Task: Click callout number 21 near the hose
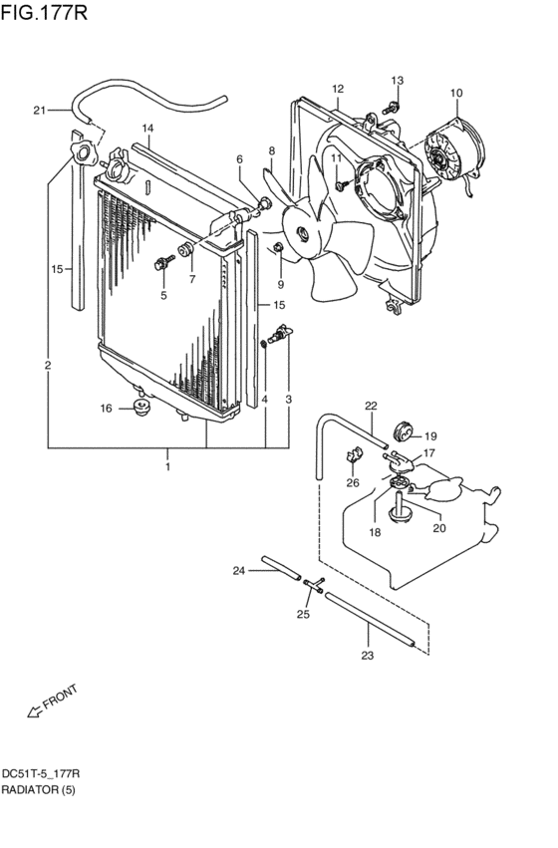tap(39, 110)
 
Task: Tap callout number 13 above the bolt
tap(398, 81)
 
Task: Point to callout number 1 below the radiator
tap(168, 466)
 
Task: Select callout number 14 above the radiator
tap(146, 129)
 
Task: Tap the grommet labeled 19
tap(404, 432)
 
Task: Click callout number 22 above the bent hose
tap(371, 406)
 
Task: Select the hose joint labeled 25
tap(312, 589)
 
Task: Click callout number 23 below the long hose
tap(367, 655)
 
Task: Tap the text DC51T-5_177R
tap(41, 773)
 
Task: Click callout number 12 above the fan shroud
tap(338, 89)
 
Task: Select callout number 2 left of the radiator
tap(47, 366)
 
